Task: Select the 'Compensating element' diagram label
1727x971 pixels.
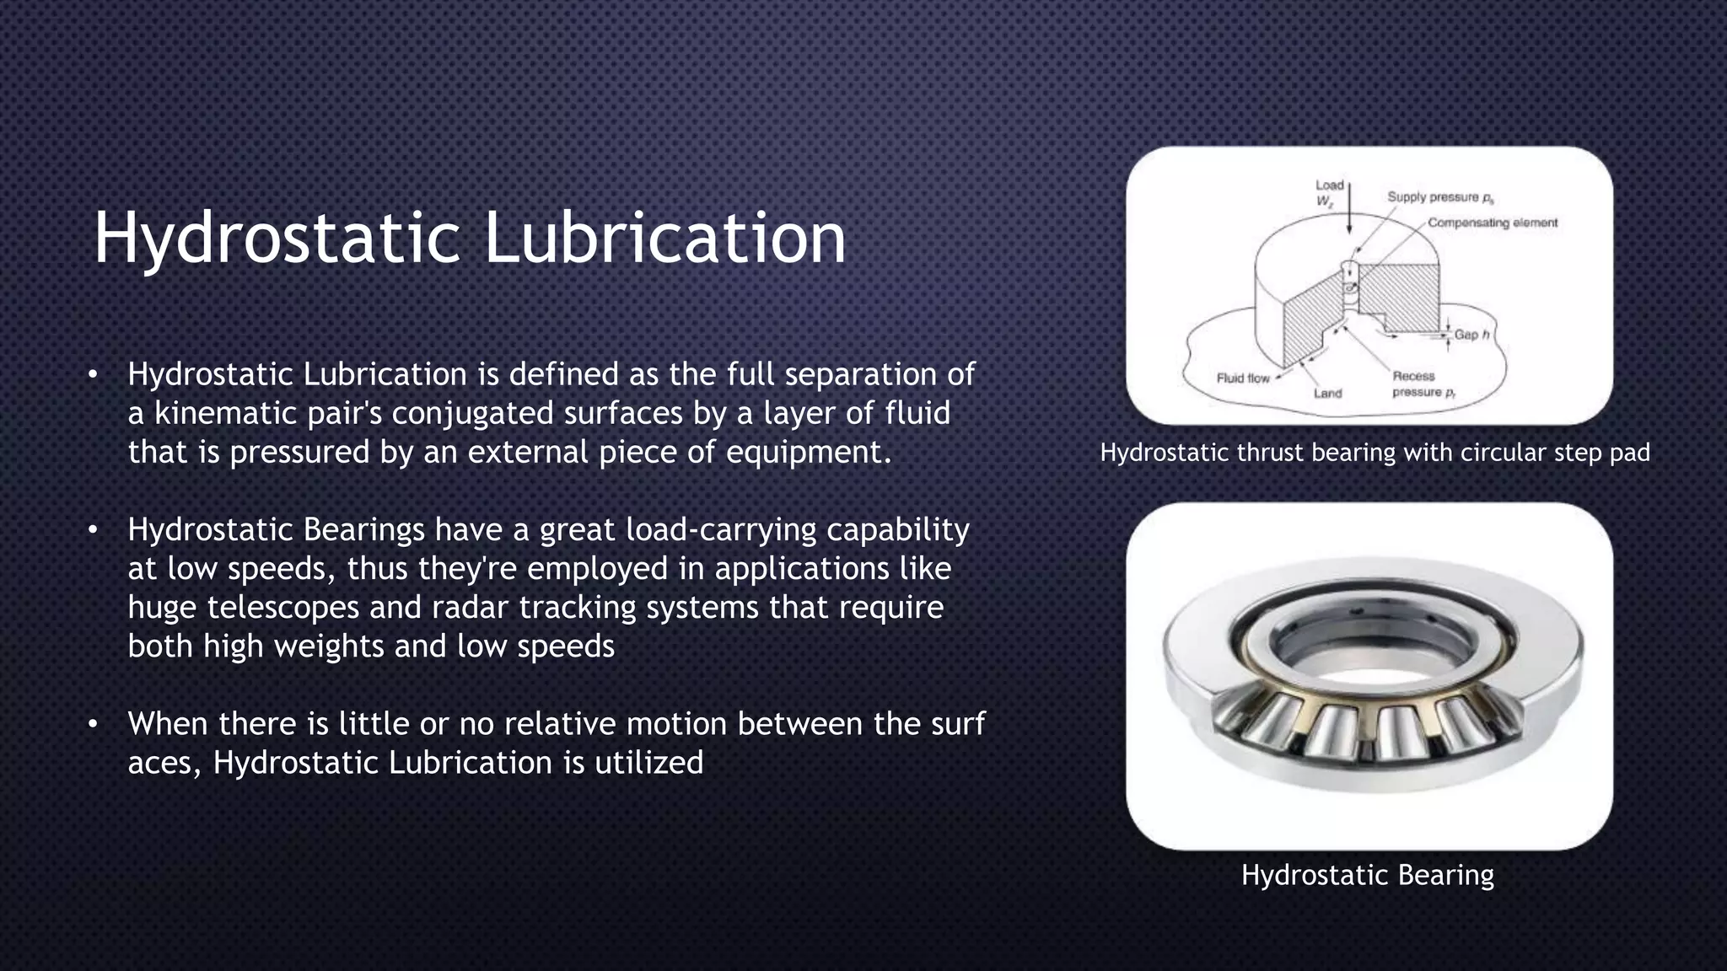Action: (1492, 223)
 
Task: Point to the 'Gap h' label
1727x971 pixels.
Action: (1471, 335)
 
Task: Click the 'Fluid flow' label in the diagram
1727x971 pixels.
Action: (1242, 378)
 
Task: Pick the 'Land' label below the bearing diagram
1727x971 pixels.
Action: (1327, 393)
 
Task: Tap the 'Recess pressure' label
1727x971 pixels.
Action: (1423, 384)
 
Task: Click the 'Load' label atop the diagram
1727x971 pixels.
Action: (1329, 185)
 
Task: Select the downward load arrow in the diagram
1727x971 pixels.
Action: (1349, 211)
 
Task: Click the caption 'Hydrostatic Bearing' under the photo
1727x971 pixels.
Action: (1367, 875)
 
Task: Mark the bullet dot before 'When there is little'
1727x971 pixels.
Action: (93, 724)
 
